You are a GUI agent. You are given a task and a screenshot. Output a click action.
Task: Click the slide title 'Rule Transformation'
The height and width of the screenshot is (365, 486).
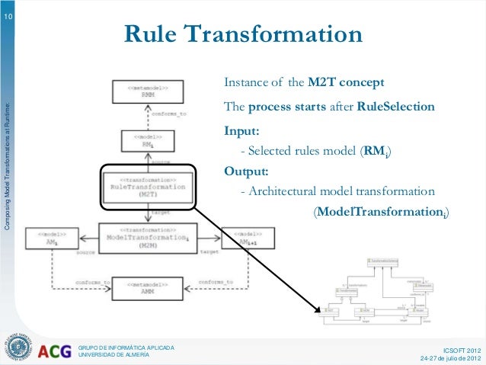(x=242, y=36)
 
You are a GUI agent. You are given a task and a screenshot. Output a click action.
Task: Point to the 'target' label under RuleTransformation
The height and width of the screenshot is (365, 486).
(x=161, y=213)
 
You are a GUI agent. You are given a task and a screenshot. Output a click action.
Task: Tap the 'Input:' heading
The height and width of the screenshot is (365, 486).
(x=236, y=130)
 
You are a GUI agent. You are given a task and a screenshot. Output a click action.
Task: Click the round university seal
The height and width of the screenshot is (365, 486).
(x=19, y=347)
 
